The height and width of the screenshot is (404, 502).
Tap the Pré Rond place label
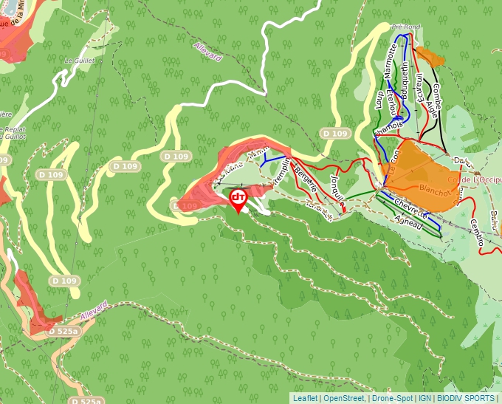405,27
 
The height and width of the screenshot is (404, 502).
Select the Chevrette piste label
411,208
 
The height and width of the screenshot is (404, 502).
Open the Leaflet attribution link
305,397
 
